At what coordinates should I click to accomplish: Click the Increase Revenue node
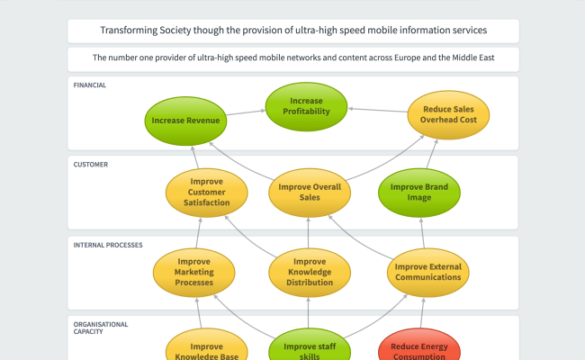click(x=184, y=120)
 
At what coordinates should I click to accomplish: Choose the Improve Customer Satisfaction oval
click(x=206, y=192)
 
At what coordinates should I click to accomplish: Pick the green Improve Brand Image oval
click(x=418, y=192)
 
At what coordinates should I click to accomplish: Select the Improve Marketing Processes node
click(x=194, y=271)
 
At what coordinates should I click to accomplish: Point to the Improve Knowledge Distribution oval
click(x=309, y=271)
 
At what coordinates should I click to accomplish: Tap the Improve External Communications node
click(x=427, y=271)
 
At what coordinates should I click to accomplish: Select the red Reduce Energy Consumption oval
click(x=419, y=348)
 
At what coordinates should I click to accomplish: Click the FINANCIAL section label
click(x=90, y=85)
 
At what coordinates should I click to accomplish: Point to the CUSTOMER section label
click(x=91, y=165)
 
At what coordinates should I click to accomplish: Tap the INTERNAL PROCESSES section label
click(x=108, y=244)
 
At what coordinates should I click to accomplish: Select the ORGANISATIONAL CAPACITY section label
click(x=101, y=328)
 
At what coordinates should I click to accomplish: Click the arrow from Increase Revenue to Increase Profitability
click(x=244, y=113)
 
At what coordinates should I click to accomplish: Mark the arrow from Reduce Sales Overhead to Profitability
click(x=378, y=110)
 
